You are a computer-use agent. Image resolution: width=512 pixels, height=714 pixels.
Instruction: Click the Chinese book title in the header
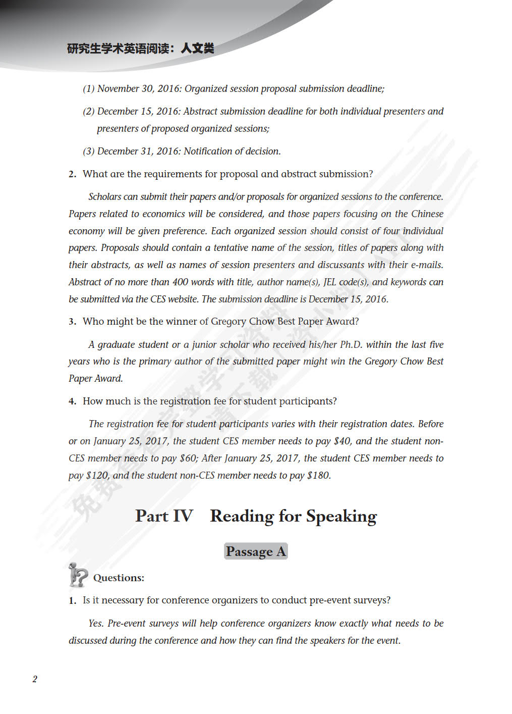click(140, 48)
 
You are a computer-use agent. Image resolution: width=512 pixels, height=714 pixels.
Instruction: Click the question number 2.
click(72, 174)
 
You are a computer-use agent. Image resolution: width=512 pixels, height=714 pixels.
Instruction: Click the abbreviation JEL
click(329, 282)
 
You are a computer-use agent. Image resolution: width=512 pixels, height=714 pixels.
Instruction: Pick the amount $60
click(188, 458)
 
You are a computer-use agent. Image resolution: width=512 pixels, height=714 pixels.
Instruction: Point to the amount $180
click(318, 476)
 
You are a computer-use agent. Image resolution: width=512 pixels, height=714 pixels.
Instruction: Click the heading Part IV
click(164, 516)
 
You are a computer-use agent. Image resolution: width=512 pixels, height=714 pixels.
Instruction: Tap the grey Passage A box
click(256, 551)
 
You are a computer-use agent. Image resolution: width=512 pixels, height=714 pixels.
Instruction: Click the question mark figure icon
click(78, 575)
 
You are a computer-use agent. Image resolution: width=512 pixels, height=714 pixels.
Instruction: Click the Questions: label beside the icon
click(119, 578)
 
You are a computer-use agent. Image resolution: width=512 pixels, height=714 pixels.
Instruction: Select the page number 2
click(35, 679)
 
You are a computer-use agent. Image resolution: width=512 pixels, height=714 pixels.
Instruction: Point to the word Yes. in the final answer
click(96, 624)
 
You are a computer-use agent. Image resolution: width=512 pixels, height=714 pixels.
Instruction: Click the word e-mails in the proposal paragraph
click(427, 265)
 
